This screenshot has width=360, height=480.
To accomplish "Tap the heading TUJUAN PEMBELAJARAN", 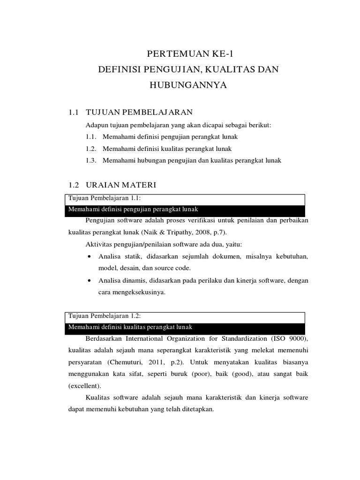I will [x=140, y=112].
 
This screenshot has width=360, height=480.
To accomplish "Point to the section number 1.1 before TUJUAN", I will [x=73, y=112].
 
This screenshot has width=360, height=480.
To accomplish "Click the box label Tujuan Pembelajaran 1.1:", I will [x=101, y=198].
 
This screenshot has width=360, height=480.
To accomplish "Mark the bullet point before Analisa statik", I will [x=90, y=256].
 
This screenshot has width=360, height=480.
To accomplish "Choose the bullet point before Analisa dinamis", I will [x=90, y=280].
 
